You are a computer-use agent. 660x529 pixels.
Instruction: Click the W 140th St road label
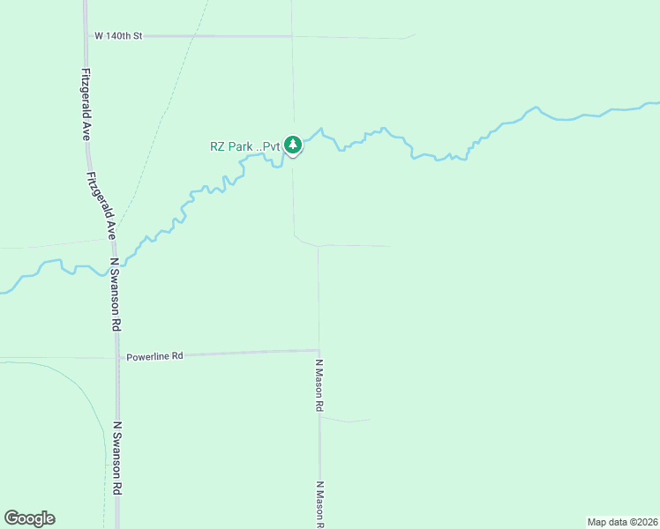tap(118, 36)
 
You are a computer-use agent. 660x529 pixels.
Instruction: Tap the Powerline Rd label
tap(154, 357)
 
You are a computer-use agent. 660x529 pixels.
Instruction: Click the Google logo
tap(29, 518)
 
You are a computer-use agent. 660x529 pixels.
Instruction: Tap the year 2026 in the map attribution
tap(645, 522)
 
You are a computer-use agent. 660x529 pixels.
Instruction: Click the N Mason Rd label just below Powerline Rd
tap(319, 385)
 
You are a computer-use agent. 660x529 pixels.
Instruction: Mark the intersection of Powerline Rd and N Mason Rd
tap(318, 351)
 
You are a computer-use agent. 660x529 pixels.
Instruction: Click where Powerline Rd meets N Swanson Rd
tap(116, 357)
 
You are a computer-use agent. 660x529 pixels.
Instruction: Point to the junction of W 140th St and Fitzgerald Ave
tap(86, 36)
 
